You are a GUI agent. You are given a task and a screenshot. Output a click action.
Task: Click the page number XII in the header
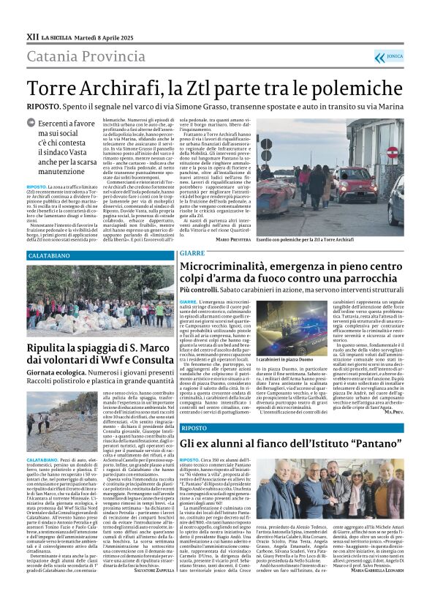pos(32,36)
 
